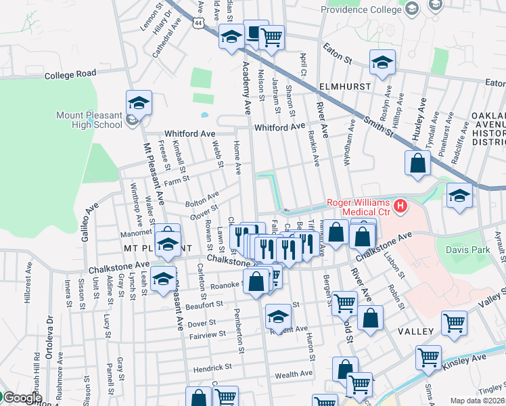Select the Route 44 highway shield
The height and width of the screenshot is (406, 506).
pyautogui.click(x=196, y=22)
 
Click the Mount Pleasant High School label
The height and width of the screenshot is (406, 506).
pyautogui.click(x=89, y=120)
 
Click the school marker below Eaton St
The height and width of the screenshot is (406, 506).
pyautogui.click(x=382, y=63)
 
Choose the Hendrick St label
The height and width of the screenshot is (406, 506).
pyautogui.click(x=211, y=366)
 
